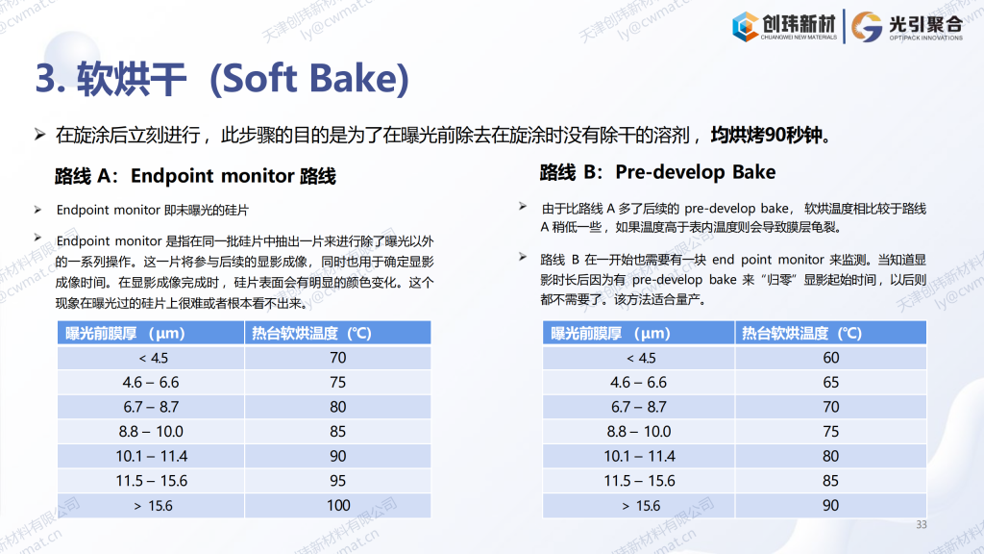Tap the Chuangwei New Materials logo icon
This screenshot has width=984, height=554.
click(745, 26)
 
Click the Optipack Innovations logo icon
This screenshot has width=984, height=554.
click(867, 27)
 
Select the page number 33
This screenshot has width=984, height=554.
click(921, 524)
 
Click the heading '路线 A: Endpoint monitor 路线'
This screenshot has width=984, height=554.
click(195, 176)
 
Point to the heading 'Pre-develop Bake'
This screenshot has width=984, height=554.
click(696, 172)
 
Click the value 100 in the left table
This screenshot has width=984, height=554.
click(338, 505)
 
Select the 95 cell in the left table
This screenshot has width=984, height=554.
click(337, 481)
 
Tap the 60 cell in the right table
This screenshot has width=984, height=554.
click(831, 358)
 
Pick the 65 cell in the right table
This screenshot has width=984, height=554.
click(831, 382)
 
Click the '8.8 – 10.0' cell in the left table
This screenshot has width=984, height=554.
click(151, 432)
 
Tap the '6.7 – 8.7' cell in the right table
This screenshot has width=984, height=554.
click(639, 407)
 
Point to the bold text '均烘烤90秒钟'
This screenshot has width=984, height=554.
click(766, 135)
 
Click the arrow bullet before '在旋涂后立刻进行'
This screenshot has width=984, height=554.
click(39, 135)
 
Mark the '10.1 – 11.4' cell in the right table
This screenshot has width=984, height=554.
click(639, 456)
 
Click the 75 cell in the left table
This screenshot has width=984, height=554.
click(337, 382)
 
